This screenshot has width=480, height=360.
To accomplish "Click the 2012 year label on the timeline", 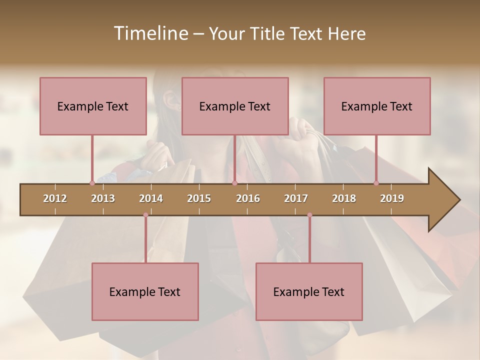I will [x=55, y=198].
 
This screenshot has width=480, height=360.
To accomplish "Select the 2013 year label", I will [x=103, y=198].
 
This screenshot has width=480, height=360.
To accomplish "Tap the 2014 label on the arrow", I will [x=151, y=198].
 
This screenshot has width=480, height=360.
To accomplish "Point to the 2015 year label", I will [x=199, y=198].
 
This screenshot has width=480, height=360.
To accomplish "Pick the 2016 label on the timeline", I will [x=248, y=198].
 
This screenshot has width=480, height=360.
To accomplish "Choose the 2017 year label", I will [x=296, y=198].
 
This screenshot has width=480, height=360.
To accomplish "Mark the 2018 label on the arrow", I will [x=344, y=198].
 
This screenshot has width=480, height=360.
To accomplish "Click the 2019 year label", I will [x=392, y=198].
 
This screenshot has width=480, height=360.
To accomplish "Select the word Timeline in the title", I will [x=150, y=33].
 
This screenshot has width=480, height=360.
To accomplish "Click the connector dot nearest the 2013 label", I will [x=92, y=183].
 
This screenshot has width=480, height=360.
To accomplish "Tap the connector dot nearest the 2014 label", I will [x=145, y=215].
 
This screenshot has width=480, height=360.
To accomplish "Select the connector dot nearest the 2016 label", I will [x=234, y=183].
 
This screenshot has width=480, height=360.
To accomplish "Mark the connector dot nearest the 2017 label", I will [x=309, y=215].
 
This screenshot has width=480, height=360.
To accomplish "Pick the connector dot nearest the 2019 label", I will [x=376, y=183].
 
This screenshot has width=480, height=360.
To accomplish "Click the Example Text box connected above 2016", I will [x=235, y=106].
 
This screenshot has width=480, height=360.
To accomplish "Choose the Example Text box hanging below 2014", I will [x=145, y=291].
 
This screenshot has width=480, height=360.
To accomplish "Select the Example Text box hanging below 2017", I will [x=309, y=291].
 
